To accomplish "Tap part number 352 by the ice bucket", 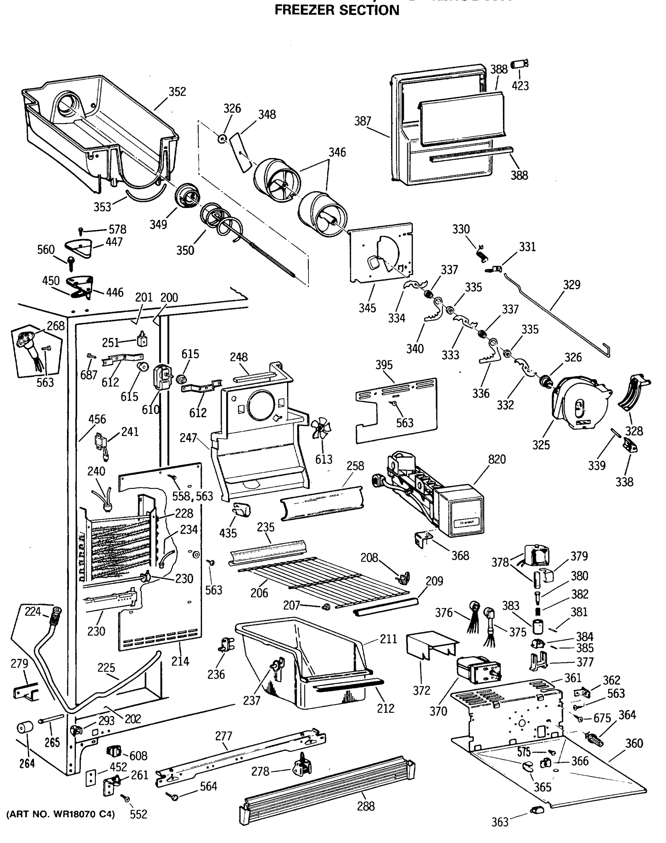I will pyautogui.click(x=177, y=92).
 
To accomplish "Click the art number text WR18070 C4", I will pyautogui.click(x=60, y=815).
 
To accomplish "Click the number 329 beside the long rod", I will pyautogui.click(x=571, y=285).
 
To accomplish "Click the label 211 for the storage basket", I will pyautogui.click(x=388, y=639).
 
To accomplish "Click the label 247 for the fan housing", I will pyautogui.click(x=188, y=438).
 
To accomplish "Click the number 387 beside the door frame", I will pyautogui.click(x=362, y=122).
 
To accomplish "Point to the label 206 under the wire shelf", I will pyautogui.click(x=259, y=593).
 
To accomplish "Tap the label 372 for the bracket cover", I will pyautogui.click(x=421, y=691).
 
